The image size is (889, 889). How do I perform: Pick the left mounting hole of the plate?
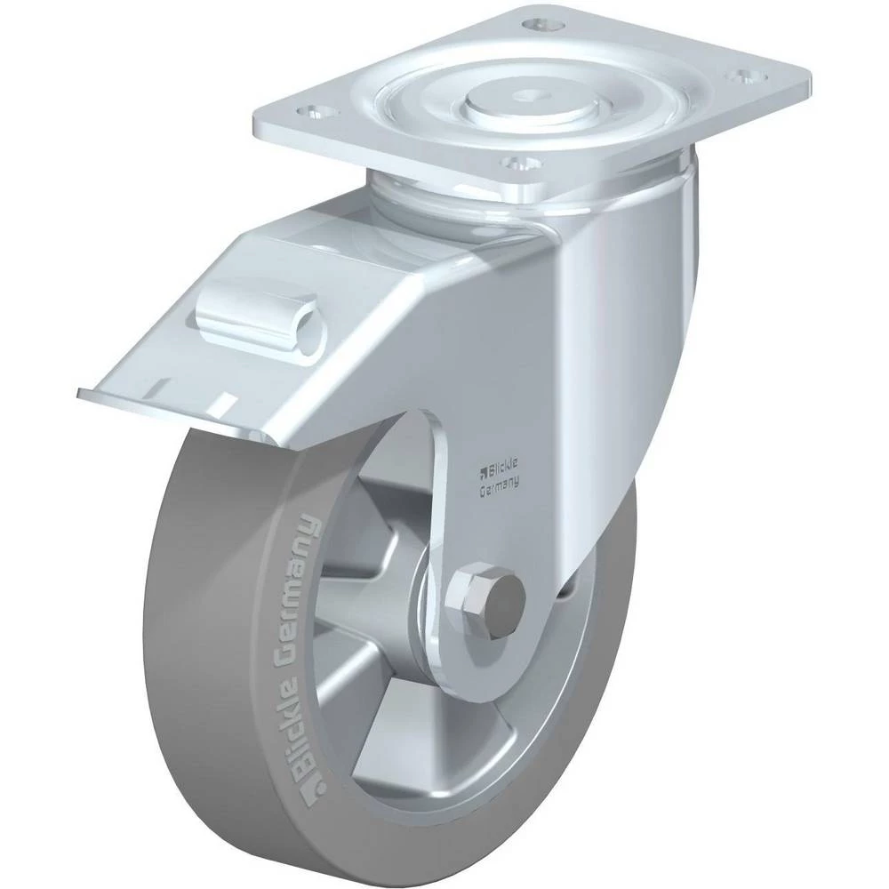point(316,113)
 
